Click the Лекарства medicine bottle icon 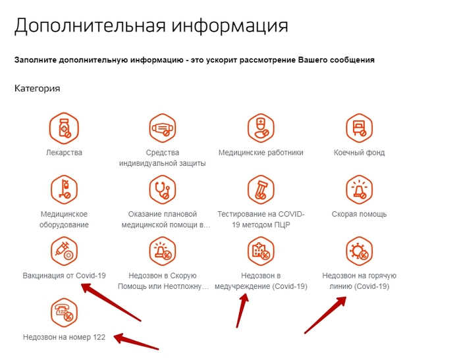click(x=64, y=128)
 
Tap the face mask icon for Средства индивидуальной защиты click(x=163, y=128)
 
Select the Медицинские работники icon click(x=261, y=128)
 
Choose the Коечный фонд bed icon click(x=360, y=128)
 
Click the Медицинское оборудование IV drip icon click(x=64, y=190)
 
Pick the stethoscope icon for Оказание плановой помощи click(x=163, y=190)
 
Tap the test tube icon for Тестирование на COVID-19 click(x=261, y=190)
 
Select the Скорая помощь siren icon click(x=360, y=190)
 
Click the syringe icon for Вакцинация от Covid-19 click(x=64, y=251)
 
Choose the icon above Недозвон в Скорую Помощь click(x=163, y=251)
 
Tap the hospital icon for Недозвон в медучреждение click(x=261, y=251)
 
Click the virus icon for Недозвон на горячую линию click(x=360, y=251)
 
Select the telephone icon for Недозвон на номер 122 click(x=64, y=313)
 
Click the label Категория click(x=38, y=88)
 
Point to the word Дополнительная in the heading click(x=90, y=26)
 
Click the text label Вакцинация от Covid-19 click(x=64, y=276)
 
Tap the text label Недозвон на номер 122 click(x=64, y=337)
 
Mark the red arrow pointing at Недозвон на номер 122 click(x=136, y=342)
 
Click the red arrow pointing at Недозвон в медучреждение click(x=242, y=311)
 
